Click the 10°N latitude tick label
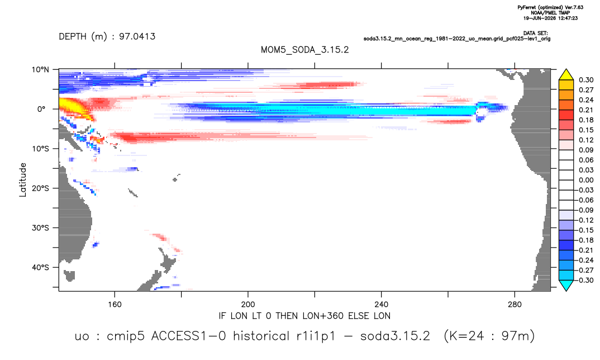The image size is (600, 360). coord(40,69)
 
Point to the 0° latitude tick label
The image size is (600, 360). coord(41,109)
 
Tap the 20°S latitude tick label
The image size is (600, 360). coord(40,188)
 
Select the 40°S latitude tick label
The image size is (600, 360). coord(40,267)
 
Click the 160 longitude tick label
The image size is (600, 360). coord(115,305)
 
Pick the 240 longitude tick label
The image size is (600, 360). coord(382,305)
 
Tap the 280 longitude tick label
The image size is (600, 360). coord(515,305)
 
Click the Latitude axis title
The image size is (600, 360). coord(23,180)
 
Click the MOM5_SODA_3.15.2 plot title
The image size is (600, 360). coord(304,50)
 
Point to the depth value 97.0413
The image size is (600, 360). coord(137,36)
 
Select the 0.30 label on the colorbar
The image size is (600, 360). coord(586,80)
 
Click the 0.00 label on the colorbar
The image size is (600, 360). coord(586,180)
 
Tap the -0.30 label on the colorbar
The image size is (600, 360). coord(585,280)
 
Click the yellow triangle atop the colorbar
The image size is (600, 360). coord(566,75)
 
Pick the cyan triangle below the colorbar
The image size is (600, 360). coord(566,285)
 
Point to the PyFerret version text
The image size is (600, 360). coord(550,7)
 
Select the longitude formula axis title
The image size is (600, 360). coord(304,316)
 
